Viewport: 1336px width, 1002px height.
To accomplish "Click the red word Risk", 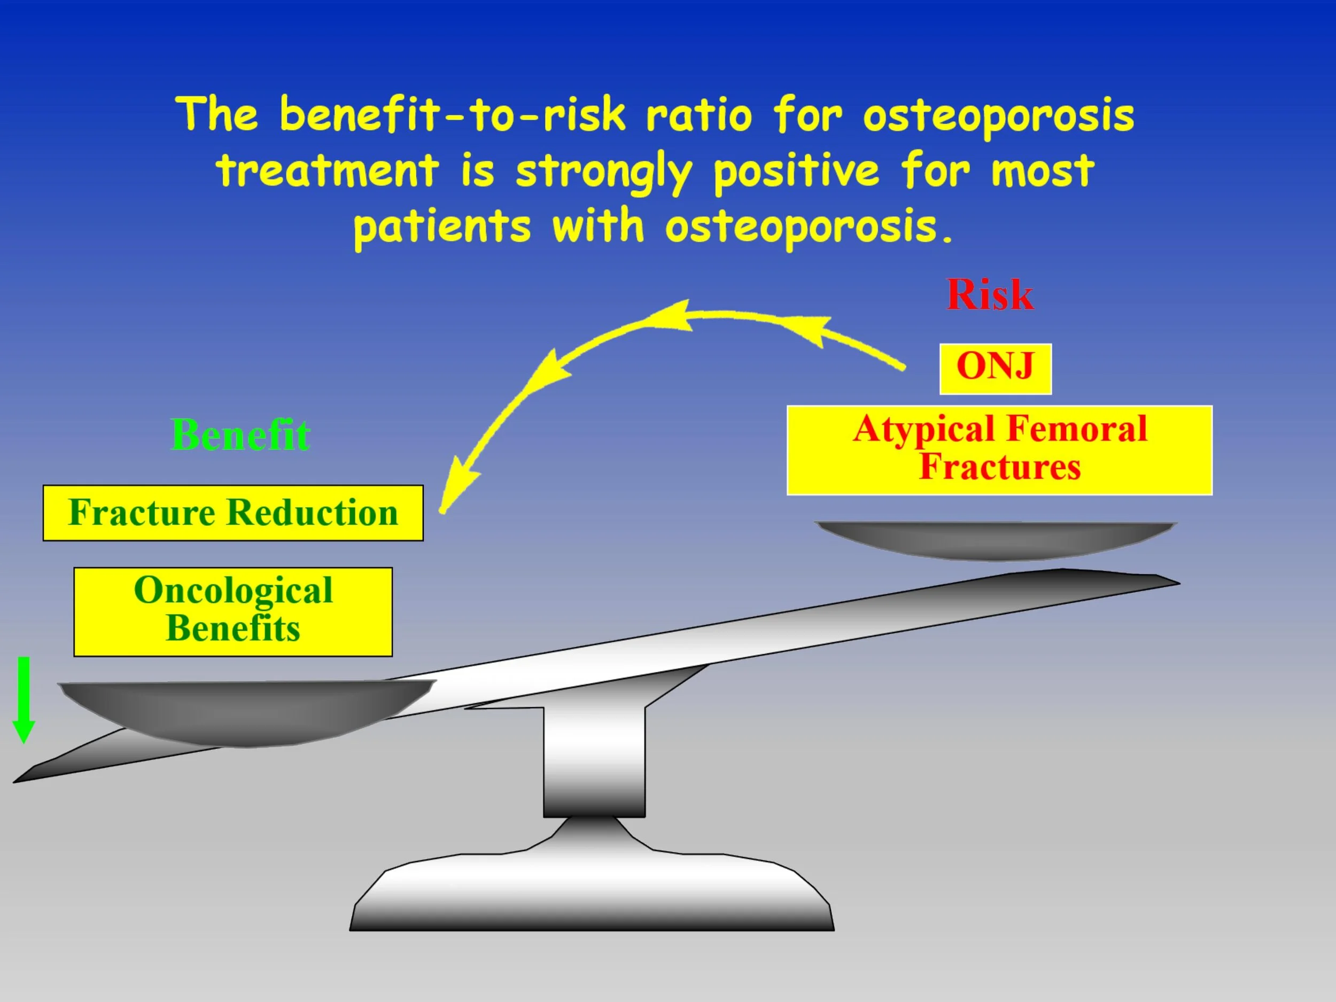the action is click(x=989, y=296).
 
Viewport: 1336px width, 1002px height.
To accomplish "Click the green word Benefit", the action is click(x=240, y=435).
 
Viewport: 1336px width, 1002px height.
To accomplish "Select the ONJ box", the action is click(x=996, y=368).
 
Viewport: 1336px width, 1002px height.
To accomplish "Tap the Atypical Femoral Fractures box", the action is click(x=999, y=450).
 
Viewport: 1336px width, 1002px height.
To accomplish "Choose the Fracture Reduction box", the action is click(x=233, y=513).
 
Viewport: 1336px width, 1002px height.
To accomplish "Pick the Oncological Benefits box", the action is click(x=233, y=611).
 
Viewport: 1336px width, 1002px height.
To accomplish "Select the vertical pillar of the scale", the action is click(x=594, y=761).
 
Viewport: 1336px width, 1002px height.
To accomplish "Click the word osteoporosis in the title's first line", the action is click(x=998, y=116).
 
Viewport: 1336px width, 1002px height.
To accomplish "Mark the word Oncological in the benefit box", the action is click(x=233, y=591).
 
